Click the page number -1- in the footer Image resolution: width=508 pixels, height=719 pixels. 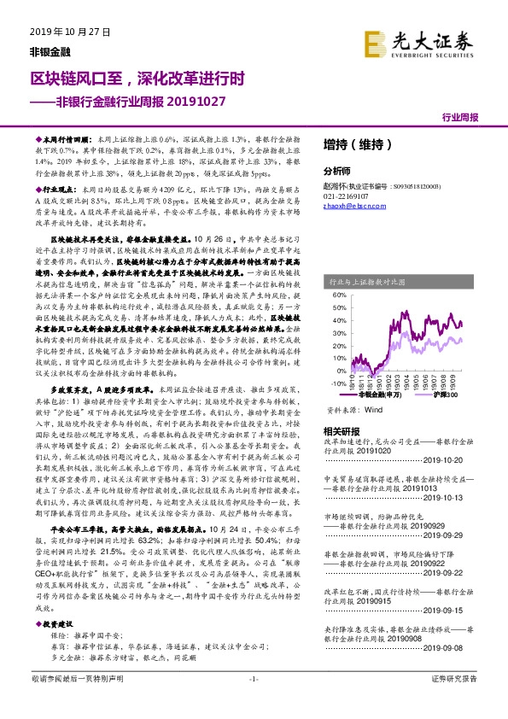(253, 702)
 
